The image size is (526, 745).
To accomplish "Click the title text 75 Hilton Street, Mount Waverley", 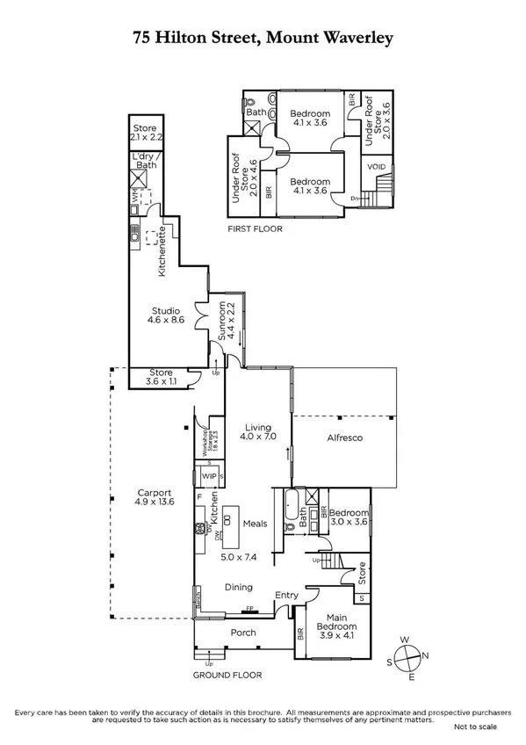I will [x=263, y=38].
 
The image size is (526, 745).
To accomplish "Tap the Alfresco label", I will [x=345, y=437].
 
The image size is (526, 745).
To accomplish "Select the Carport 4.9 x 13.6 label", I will [x=154, y=499].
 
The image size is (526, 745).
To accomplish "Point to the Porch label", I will [x=243, y=633].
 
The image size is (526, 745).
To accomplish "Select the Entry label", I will [x=285, y=596].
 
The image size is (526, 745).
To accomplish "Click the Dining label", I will [x=238, y=587].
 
